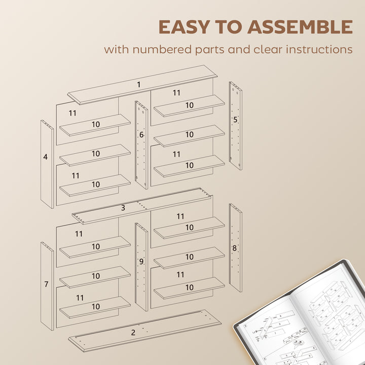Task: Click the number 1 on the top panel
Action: [x=138, y=85]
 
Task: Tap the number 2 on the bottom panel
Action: [x=133, y=333]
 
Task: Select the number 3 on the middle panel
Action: [x=123, y=208]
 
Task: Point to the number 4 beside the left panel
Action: [x=45, y=157]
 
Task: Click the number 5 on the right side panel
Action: [x=235, y=120]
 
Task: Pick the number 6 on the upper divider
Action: [x=141, y=135]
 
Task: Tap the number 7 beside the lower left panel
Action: [x=46, y=284]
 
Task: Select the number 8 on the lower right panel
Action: [x=235, y=248]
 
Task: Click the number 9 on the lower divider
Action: [x=141, y=262]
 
